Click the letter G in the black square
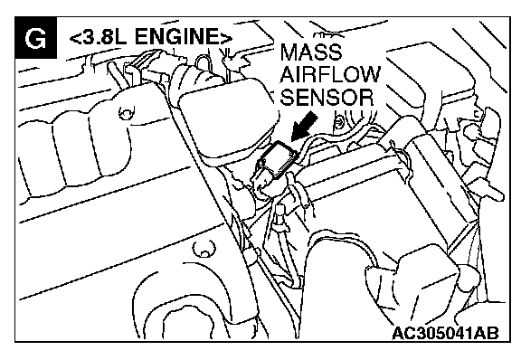36,39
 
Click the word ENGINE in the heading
176,36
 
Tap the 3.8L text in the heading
103,36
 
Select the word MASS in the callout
310,52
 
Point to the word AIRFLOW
329,74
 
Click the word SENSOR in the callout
327,97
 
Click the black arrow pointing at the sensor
304,127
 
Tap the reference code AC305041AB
445,333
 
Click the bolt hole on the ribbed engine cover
126,113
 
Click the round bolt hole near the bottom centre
204,250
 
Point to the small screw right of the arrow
338,122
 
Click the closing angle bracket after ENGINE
225,37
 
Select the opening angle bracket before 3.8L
74,37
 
